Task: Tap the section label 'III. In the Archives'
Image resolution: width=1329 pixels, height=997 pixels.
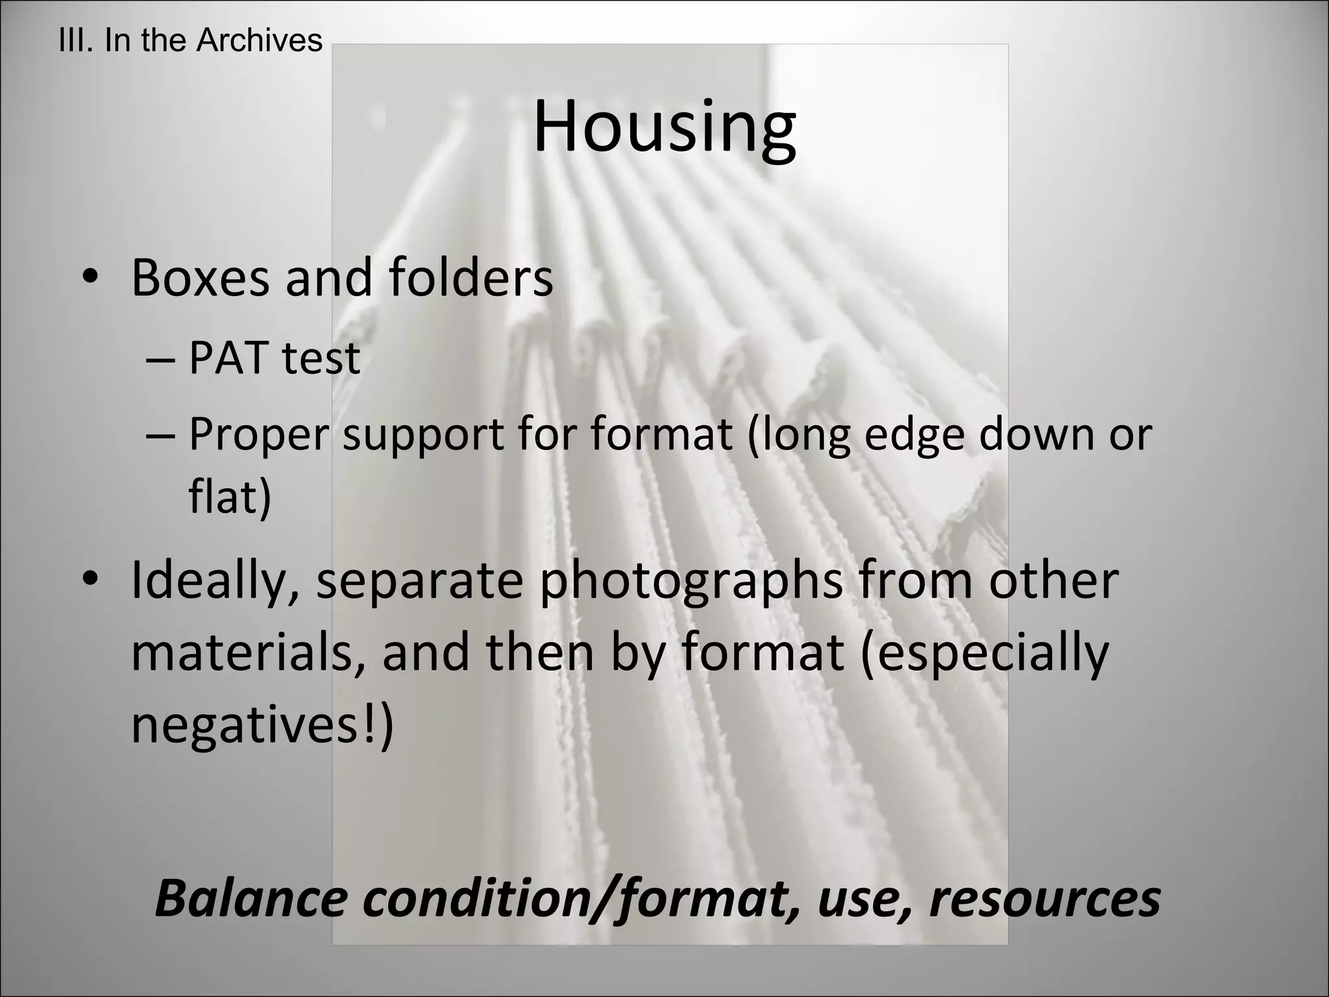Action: click(190, 40)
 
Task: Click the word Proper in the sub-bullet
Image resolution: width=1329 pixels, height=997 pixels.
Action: click(258, 436)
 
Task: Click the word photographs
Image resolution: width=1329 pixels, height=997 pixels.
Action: click(692, 582)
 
